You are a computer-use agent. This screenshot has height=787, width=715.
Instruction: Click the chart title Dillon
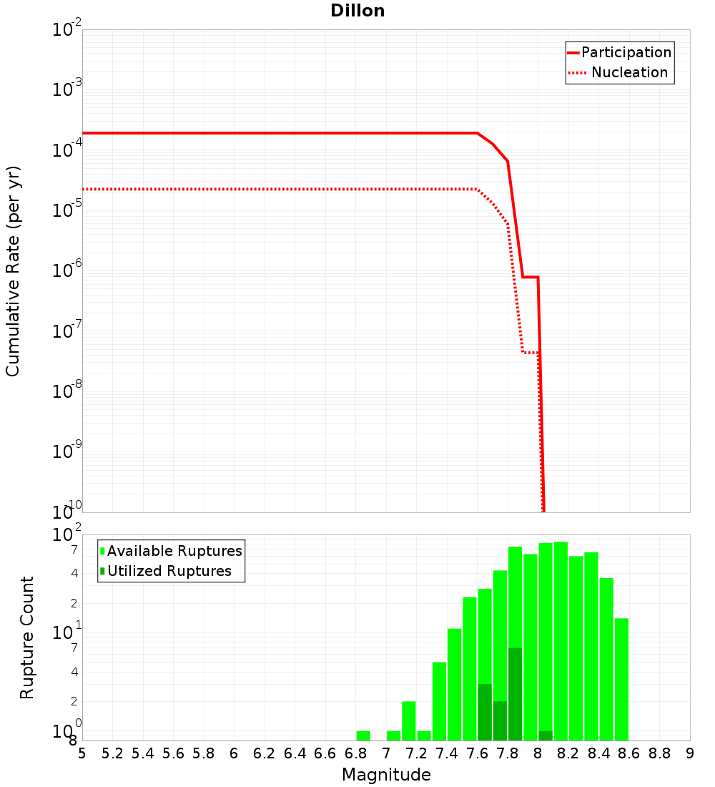(x=357, y=11)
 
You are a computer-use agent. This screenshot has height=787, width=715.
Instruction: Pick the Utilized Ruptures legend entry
(x=169, y=571)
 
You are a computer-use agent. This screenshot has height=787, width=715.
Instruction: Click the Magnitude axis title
(x=386, y=775)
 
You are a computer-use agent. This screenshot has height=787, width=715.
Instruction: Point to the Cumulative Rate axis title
(x=13, y=271)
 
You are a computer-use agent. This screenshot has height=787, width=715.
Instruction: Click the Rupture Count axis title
(x=27, y=637)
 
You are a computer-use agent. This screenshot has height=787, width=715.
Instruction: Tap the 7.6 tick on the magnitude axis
(x=477, y=753)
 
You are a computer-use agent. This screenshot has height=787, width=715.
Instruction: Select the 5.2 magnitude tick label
(x=112, y=753)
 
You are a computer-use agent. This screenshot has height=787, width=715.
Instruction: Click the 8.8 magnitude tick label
(x=659, y=753)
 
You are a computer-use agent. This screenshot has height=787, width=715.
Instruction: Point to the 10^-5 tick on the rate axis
(x=67, y=210)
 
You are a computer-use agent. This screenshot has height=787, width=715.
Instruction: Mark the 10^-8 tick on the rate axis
(x=67, y=391)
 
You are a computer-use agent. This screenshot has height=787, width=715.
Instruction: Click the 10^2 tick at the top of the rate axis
(x=67, y=30)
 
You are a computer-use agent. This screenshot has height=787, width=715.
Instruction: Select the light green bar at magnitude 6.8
(x=363, y=735)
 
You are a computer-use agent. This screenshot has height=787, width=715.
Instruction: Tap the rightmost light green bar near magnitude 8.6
(x=621, y=679)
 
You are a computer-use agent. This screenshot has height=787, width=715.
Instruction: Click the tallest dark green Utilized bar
(x=515, y=694)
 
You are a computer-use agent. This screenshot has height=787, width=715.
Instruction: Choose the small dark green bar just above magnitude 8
(x=546, y=735)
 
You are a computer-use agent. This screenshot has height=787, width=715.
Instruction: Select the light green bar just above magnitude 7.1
(x=409, y=720)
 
